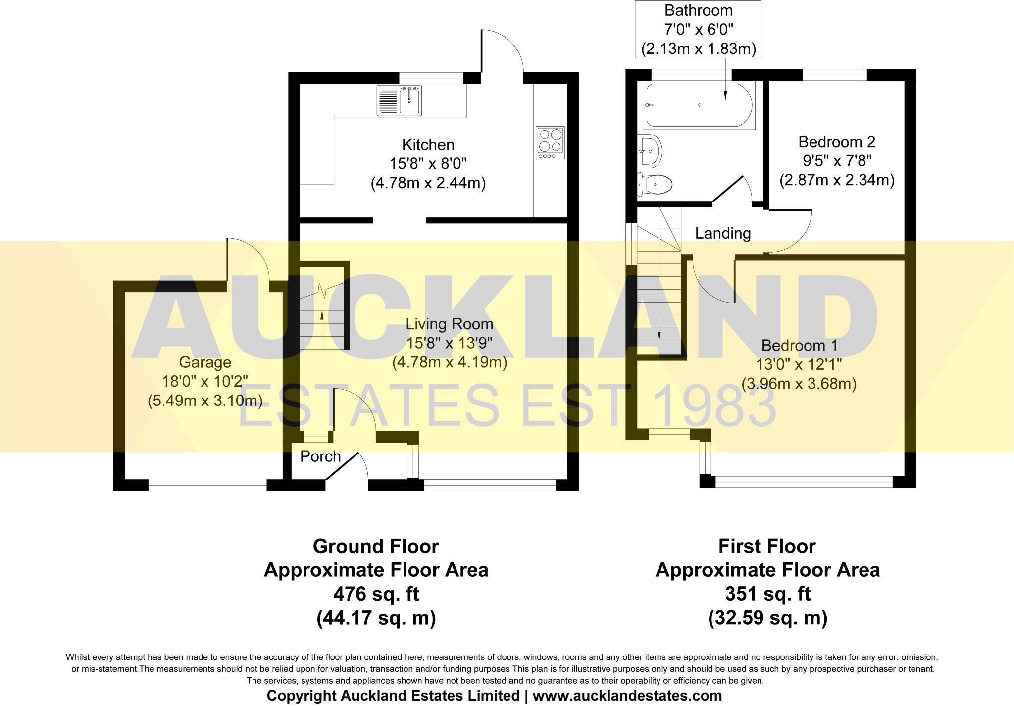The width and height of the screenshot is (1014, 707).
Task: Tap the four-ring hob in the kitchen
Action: pos(550,143)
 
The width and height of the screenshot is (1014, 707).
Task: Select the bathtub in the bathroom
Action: pos(699,105)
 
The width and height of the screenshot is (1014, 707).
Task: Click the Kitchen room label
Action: pos(428,145)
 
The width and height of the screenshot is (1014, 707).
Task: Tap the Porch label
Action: pos(320,456)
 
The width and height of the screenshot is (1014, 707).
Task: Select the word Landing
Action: pos(722,233)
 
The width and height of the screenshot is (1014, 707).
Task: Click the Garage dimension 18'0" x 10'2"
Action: pos(205,381)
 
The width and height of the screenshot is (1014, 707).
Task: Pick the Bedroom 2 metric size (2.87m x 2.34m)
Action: pos(837,180)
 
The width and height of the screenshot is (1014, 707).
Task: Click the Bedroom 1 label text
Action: pos(799,345)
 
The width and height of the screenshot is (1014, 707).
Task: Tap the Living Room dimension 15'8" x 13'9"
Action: pos(449,343)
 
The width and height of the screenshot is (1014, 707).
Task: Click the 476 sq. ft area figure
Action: pos(376,594)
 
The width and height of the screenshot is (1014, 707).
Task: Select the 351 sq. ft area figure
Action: pos(767,594)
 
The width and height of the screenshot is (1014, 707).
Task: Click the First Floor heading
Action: pos(767,547)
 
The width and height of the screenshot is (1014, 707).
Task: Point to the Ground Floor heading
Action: pos(376,547)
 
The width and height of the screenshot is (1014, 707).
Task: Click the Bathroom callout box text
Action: pos(698,30)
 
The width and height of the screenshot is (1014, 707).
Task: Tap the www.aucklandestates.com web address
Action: pos(627,696)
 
